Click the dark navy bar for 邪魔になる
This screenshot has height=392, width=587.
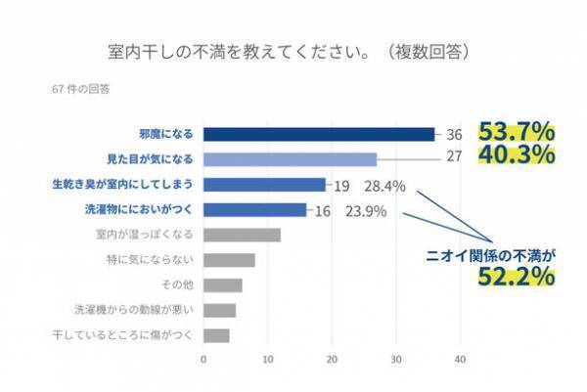[319, 134]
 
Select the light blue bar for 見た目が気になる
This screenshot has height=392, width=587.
[290, 159]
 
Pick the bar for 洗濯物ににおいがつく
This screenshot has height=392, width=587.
[254, 209]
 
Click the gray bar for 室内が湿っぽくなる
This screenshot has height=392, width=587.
[242, 235]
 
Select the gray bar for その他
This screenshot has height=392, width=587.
[222, 285]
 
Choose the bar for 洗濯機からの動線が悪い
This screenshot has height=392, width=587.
[219, 310]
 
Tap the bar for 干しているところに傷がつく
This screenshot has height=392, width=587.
[216, 335]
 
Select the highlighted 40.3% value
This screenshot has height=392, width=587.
[517, 155]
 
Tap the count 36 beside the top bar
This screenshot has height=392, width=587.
[454, 134]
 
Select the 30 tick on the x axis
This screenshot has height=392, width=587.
[395, 359]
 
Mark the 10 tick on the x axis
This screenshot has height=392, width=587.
[267, 359]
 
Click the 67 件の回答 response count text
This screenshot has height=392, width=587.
[82, 89]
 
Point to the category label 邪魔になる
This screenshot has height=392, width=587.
[165, 134]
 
